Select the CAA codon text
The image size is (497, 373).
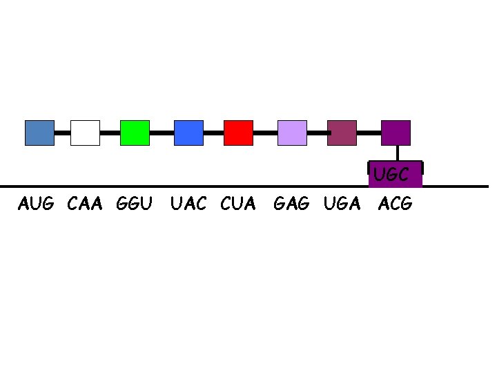85,204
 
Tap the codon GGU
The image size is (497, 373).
134,204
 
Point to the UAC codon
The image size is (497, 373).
188,204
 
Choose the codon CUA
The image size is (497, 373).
238,204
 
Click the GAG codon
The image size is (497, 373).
292,204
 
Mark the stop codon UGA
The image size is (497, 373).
342,204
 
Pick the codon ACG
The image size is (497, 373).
395,204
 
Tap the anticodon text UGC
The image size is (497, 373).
391,175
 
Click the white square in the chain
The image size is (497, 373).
85,133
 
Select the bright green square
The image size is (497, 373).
135,133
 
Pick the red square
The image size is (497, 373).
238,133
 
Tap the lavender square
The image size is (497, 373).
292,133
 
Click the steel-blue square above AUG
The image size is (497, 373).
39,133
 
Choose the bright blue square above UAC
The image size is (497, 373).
188,133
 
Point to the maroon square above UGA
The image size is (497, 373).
342,133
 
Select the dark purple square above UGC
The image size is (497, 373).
396,133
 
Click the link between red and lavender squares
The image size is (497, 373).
265,132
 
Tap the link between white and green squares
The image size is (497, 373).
110,132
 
